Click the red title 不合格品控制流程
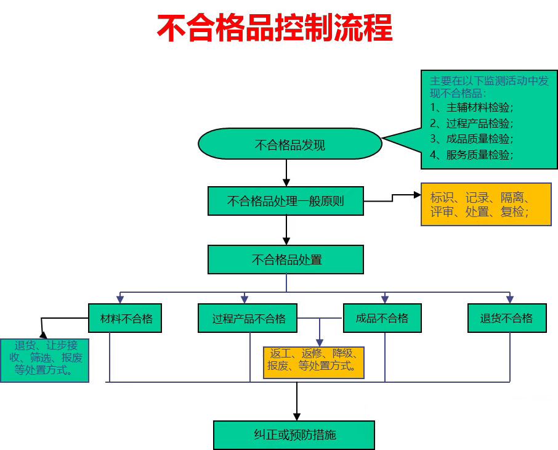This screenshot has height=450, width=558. pyautogui.click(x=275, y=28)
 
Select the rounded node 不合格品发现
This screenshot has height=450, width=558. pyautogui.click(x=289, y=145)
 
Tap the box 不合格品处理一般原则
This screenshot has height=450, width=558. pyautogui.click(x=286, y=201)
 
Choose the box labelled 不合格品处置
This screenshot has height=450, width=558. pyautogui.click(x=286, y=260)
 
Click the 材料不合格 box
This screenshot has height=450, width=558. pyautogui.click(x=125, y=318)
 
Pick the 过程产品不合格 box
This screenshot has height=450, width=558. pyautogui.click(x=248, y=318)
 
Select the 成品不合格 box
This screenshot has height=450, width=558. pyautogui.click(x=382, y=318)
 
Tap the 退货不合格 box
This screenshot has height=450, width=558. pyautogui.click(x=507, y=318)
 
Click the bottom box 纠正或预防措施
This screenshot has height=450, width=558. pyautogui.click(x=294, y=435)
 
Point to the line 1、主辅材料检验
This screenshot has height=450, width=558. pyautogui.click(x=471, y=107)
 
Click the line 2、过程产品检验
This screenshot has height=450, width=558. pyautogui.click(x=471, y=123)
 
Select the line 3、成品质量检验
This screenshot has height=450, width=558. pyautogui.click(x=471, y=139)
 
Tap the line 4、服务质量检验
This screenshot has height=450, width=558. pyautogui.click(x=471, y=155)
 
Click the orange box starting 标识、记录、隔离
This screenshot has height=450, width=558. pyautogui.click(x=485, y=204)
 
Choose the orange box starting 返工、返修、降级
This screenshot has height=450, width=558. pyautogui.click(x=313, y=361)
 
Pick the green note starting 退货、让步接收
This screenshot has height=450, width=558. pyautogui.click(x=44, y=360)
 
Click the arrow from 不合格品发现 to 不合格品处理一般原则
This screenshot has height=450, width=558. pyautogui.click(x=286, y=172)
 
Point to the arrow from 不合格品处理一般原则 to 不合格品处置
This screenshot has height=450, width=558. pyautogui.click(x=286, y=230)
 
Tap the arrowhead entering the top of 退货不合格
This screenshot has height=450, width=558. pyautogui.click(x=509, y=300)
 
